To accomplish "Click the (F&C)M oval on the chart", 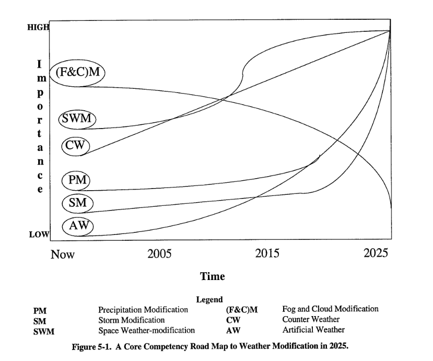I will coord(77,72).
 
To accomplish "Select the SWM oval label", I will coord(76,119).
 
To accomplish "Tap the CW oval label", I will coord(76,145).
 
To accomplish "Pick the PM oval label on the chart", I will coord(76,181).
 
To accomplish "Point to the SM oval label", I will coord(77,203).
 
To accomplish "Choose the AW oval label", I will coord(77,226).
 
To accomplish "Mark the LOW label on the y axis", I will coord(38,235).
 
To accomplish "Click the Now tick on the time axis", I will coord(62,254).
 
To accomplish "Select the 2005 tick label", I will coord(159,254).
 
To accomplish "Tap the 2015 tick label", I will coord(267,254).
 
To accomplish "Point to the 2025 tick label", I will coord(376,253).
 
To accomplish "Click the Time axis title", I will coord(213,276).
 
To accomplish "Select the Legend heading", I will coord(209,300).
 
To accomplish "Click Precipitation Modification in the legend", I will coord(143,309).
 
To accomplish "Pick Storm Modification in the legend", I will coord(131,320).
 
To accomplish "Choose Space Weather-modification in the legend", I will coord(146,330).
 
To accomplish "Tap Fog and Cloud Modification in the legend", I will coord(330,309).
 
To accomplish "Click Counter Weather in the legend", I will coord(311,320).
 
